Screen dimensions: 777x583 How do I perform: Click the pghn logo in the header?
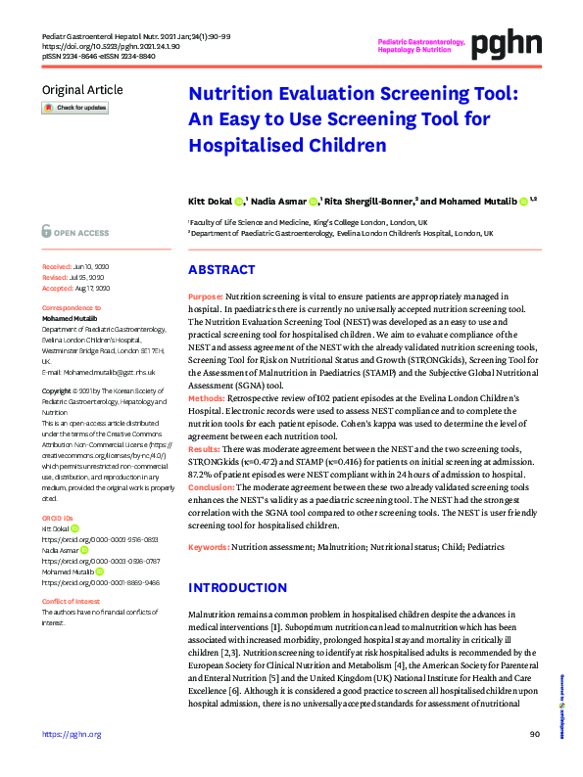[x=506, y=43]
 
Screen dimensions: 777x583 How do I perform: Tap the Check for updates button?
[x=74, y=108]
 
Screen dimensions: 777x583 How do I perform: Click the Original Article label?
[x=81, y=90]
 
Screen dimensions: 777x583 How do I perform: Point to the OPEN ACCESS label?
[x=79, y=233]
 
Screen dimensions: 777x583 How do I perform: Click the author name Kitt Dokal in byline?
[x=210, y=201]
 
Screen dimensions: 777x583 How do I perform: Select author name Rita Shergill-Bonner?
[x=368, y=201]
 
